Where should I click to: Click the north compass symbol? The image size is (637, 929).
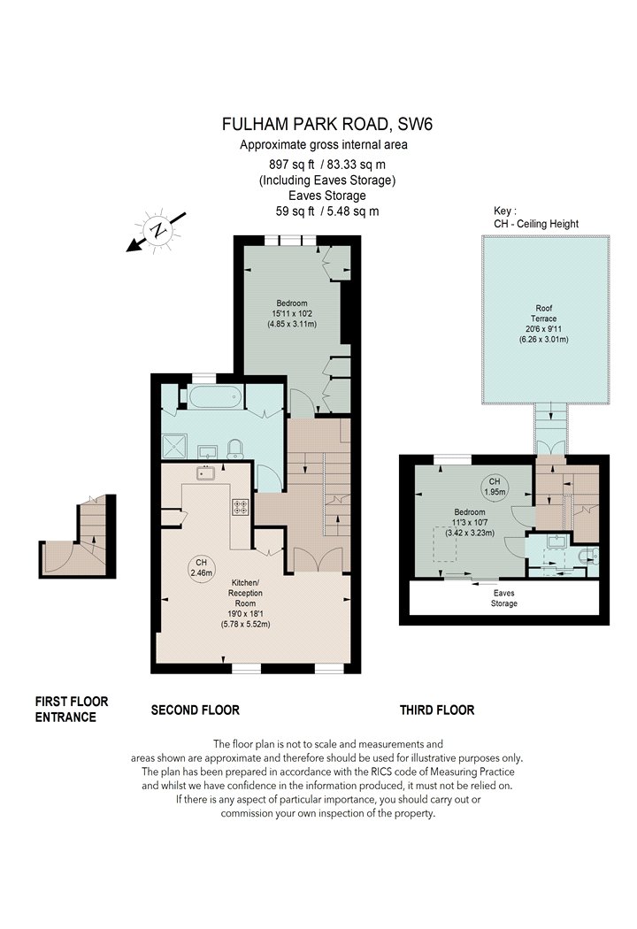(157, 230)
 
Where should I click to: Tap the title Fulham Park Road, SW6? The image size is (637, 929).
(327, 124)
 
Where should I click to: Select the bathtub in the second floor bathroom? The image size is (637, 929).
(215, 395)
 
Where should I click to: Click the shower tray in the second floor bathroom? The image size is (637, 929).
(175, 446)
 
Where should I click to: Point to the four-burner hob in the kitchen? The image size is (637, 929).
(241, 507)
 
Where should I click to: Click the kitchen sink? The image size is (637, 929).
(205, 473)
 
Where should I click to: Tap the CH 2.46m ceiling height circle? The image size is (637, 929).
(202, 568)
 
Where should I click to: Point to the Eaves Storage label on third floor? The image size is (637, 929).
(503, 598)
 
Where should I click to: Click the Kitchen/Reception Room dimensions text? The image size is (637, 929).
(245, 618)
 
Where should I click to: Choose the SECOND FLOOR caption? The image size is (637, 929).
(195, 710)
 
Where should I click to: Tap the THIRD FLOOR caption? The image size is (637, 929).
(437, 710)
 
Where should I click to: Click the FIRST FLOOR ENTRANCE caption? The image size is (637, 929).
(72, 710)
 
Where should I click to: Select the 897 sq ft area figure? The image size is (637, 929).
(291, 164)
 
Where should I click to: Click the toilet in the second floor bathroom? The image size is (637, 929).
(234, 449)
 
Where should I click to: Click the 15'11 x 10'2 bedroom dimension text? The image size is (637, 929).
(292, 313)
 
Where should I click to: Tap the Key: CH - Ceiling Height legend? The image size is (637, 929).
(535, 218)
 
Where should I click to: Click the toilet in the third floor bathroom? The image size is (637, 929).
(591, 554)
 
